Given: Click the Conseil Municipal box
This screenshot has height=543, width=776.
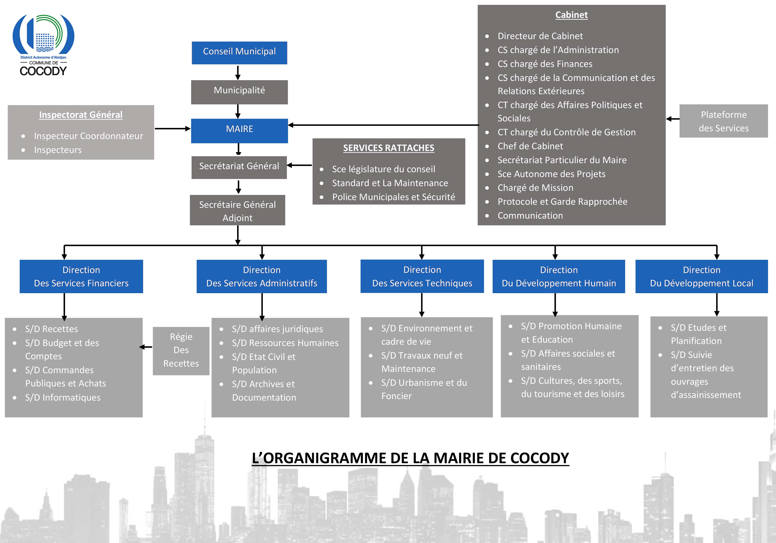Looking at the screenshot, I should (239, 53).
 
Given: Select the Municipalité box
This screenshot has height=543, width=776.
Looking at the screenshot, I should (239, 92).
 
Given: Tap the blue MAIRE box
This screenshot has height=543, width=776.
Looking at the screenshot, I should (239, 130).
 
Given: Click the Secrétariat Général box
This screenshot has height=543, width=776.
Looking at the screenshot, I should (239, 167).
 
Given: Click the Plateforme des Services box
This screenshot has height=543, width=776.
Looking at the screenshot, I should (723, 121).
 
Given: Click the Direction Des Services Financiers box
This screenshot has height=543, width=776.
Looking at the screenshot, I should (81, 276).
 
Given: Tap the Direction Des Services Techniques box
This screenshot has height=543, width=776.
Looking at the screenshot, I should (422, 276).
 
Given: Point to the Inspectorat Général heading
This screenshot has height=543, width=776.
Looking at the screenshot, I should (81, 115).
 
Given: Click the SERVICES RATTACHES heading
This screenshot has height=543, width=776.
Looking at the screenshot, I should (388, 148).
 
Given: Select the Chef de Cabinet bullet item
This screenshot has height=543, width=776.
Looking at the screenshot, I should (530, 146).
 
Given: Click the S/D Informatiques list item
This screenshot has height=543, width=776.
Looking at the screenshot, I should (63, 397).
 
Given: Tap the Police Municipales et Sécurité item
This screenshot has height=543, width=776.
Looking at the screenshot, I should (393, 197).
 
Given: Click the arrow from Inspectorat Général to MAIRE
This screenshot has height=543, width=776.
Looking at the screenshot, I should (172, 128).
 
